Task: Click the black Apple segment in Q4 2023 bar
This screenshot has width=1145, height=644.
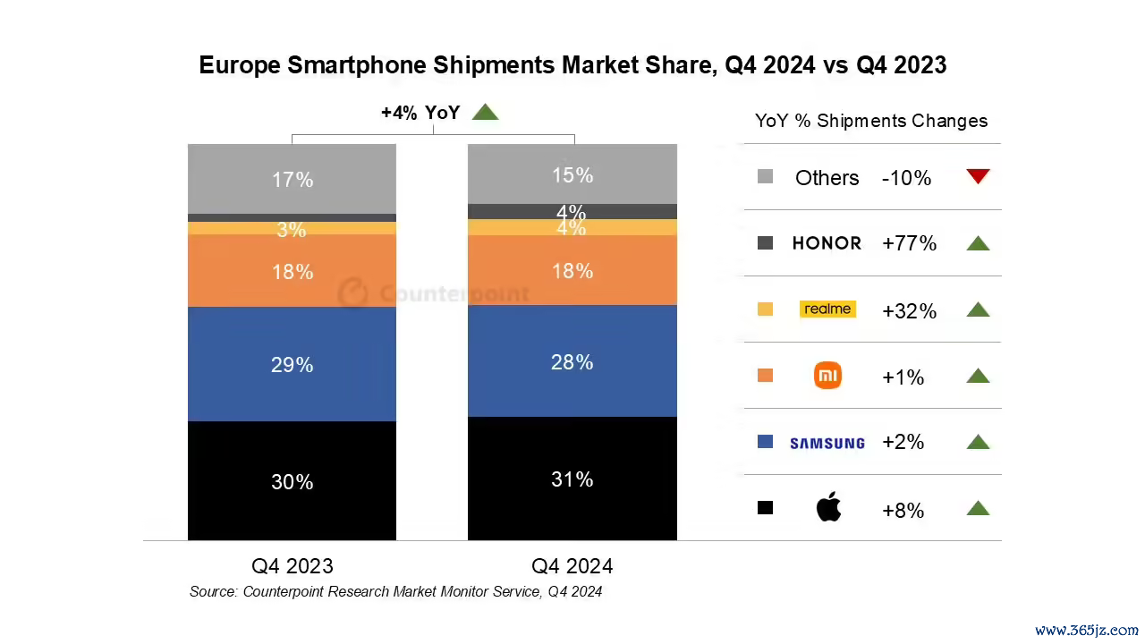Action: coord(292,480)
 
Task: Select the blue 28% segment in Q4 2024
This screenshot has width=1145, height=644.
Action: coord(572,360)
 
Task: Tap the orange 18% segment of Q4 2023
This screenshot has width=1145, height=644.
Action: coord(292,270)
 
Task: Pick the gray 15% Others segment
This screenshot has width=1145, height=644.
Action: coord(572,174)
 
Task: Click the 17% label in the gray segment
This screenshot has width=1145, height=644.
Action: coord(292,180)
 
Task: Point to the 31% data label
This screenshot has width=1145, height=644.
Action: coord(572,479)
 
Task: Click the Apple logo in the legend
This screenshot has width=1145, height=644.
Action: coord(828,506)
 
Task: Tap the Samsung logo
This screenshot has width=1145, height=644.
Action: coord(827,443)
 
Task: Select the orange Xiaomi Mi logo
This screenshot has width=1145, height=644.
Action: coord(827,375)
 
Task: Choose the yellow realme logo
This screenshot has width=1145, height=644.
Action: coord(827,309)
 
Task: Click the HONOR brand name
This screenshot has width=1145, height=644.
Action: coord(827,243)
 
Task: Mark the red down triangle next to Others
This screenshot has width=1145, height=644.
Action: coord(979,176)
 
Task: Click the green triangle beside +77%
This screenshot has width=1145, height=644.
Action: coord(979,243)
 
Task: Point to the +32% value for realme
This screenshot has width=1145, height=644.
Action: coord(910,310)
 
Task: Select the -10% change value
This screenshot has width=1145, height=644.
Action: coord(907,178)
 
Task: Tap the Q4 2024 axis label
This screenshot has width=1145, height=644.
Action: coord(572,566)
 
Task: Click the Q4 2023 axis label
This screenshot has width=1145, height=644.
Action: coord(293,566)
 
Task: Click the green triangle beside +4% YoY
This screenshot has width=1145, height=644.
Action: coord(485,112)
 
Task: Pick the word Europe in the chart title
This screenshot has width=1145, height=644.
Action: coord(240,66)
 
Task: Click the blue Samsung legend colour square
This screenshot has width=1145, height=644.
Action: coord(765,442)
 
